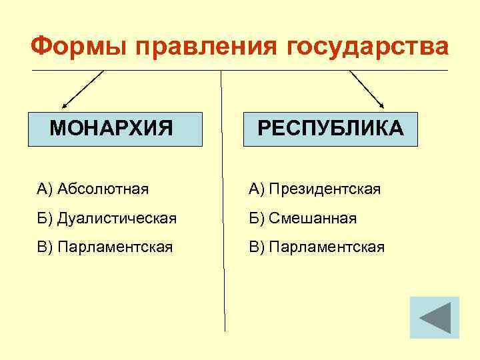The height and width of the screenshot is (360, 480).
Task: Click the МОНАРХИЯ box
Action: (114, 128)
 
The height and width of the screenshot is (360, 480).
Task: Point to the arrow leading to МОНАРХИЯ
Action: (83, 89)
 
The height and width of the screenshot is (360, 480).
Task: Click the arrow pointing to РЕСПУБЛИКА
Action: (367, 89)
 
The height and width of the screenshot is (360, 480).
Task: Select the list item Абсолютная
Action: (103, 189)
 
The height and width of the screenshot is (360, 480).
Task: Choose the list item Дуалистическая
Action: (117, 218)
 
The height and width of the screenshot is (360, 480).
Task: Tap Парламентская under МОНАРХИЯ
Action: (115, 247)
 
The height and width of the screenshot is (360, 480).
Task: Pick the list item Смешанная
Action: (313, 218)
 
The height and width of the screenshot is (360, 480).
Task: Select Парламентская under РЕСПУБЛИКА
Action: (327, 247)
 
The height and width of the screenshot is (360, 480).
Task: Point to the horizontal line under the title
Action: (240, 70)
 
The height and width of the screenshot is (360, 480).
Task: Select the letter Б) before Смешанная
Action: (257, 218)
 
